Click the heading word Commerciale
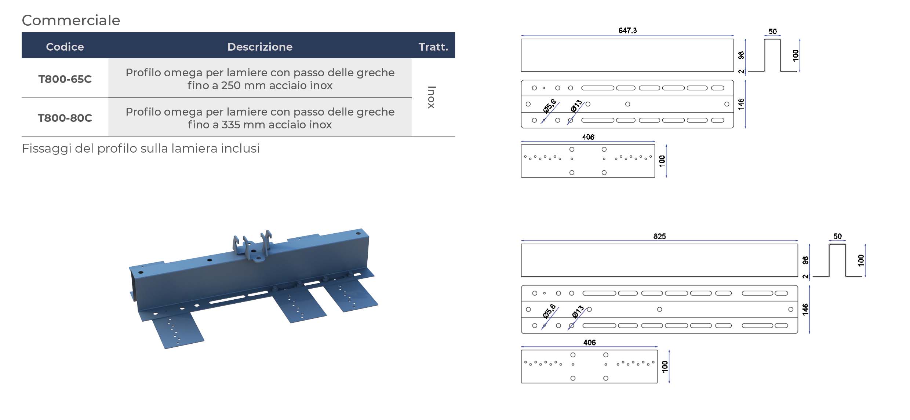(71, 20)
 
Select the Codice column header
(65, 47)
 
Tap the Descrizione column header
(260, 47)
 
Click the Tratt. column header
(433, 47)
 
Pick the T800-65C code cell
(65, 79)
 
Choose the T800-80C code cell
(65, 118)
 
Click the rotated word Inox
(432, 97)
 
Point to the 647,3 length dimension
(627, 30)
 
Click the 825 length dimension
(659, 236)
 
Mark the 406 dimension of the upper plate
(588, 137)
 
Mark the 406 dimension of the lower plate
(589, 342)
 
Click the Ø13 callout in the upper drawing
(576, 106)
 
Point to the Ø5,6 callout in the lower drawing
(549, 311)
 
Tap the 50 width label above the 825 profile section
(837, 236)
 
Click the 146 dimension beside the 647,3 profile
(741, 104)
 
